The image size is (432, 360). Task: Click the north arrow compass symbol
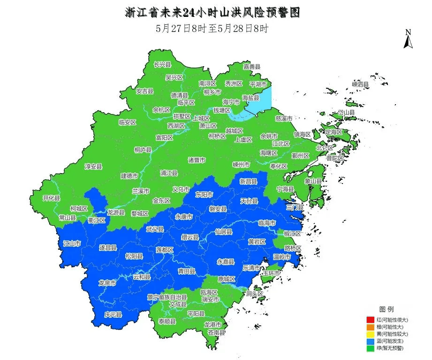pos(408,39)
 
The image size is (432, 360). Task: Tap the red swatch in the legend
pos(371,320)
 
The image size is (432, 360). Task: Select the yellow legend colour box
pos(371,334)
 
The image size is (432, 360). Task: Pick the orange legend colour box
pos(371,327)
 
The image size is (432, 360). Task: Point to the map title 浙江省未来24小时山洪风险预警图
pos(212,13)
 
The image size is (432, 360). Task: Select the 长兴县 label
pos(162,64)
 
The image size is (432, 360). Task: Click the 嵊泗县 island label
pos(360,84)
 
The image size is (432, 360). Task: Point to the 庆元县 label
pos(113,314)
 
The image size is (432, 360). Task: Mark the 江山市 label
pos(72,244)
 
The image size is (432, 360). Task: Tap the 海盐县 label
pos(250,98)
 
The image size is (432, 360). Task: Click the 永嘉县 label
pos(226,261)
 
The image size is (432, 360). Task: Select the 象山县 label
pos(313,181)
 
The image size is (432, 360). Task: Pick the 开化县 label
pos(52,198)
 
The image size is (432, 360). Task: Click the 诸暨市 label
pos(197,160)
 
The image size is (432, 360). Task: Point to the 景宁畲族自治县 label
pos(167,297)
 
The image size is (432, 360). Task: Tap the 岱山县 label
pos(347,113)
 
